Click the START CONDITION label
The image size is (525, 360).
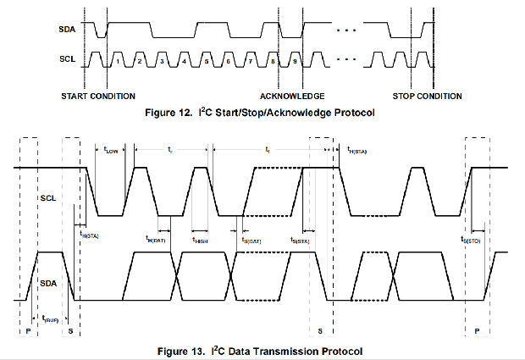[x=98, y=96]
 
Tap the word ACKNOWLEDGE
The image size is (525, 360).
[x=292, y=96]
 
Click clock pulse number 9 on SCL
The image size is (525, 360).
[x=294, y=62]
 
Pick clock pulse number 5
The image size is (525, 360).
[x=206, y=62]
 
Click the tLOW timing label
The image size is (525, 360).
[x=111, y=152]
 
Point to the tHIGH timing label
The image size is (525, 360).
[x=200, y=240]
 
